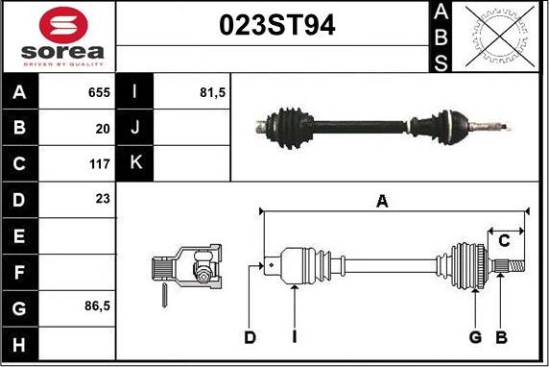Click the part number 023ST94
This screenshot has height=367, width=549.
tap(277, 25)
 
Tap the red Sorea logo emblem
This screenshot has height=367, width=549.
tap(63, 25)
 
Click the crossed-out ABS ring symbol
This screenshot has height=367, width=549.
tap(500, 37)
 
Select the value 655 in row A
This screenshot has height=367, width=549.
tap(99, 92)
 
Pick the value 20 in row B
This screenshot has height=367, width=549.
tap(103, 129)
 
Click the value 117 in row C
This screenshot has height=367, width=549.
tap(100, 164)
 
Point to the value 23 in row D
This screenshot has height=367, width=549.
tap(103, 199)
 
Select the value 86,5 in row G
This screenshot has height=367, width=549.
tap(97, 306)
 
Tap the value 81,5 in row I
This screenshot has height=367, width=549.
tap(212, 92)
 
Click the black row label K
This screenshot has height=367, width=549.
tap(134, 163)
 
